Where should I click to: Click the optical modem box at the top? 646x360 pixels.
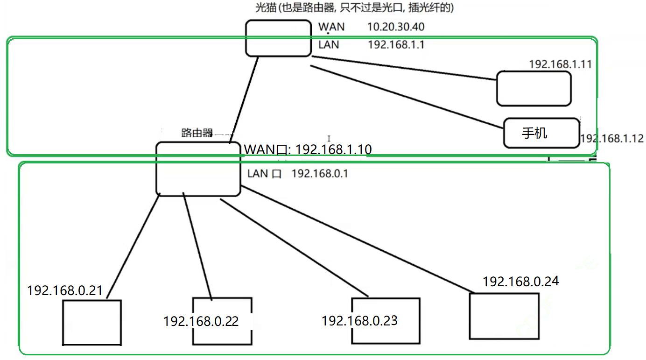[x=278, y=38]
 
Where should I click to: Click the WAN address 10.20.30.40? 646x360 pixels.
[x=396, y=27]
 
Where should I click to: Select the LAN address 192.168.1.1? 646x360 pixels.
[x=396, y=45]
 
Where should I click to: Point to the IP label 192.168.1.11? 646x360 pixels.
[x=560, y=64]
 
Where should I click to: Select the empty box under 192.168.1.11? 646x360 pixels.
[x=534, y=88]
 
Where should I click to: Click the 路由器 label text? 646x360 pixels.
[x=197, y=133]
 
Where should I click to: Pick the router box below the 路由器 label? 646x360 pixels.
[x=198, y=169]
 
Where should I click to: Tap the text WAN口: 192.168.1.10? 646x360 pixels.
[x=308, y=149]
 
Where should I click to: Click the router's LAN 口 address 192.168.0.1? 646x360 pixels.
[x=320, y=174]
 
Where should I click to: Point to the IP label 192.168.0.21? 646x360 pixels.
[x=65, y=290]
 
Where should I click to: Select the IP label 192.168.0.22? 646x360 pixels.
[x=201, y=321]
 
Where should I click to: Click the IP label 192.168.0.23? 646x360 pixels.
[x=359, y=321]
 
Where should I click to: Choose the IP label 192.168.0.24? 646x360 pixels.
[x=520, y=282]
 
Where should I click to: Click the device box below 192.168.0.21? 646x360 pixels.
[x=92, y=323]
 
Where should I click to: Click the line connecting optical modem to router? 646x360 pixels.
[x=244, y=100]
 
